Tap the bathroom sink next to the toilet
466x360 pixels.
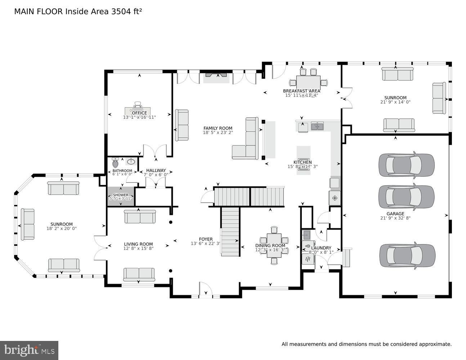click(x=131, y=161)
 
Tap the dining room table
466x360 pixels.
click(x=274, y=246)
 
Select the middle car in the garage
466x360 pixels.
click(x=406, y=197)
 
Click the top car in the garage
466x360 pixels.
click(x=406, y=165)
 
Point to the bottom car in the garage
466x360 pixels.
click(x=407, y=255)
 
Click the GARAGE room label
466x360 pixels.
click(x=395, y=213)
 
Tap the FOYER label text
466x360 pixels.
click(x=206, y=239)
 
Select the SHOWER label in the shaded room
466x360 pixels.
click(x=121, y=195)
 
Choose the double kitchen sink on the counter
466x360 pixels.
click(x=317, y=126)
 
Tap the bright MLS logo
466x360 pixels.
click(x=29, y=350)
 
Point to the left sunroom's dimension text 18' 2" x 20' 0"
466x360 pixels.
click(x=62, y=229)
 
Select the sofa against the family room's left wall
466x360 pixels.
click(x=182, y=125)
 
